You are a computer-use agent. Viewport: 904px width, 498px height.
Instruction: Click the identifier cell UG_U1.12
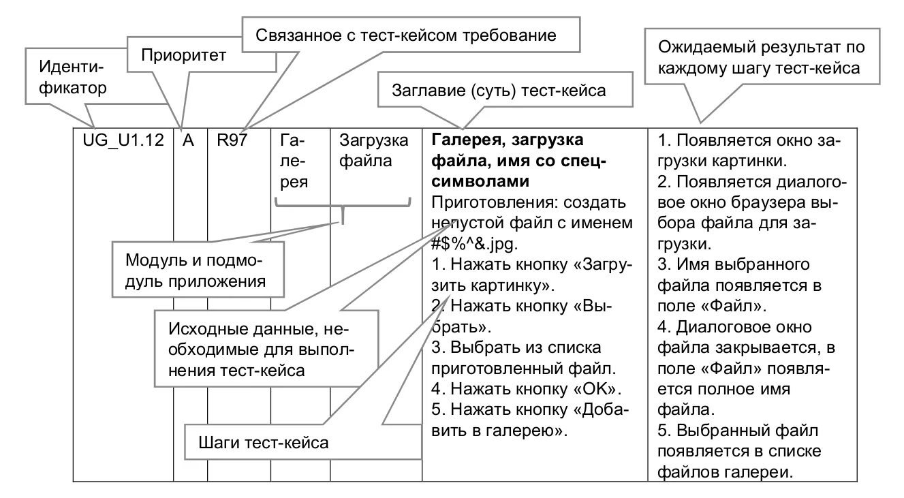(x=123, y=141)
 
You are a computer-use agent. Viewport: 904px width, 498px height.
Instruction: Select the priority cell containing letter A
(x=189, y=141)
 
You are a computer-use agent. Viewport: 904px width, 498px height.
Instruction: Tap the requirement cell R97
(x=233, y=141)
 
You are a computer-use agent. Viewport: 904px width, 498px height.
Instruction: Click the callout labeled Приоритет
(x=183, y=55)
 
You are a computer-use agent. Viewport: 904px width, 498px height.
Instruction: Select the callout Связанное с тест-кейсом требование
(x=406, y=35)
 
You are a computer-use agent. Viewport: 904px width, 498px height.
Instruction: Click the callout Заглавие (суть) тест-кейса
(x=499, y=91)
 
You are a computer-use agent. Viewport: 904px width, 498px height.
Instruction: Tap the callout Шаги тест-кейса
(x=264, y=443)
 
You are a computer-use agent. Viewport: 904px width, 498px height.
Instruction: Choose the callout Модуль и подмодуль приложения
(x=195, y=270)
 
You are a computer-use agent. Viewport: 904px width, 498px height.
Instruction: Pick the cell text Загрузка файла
(x=374, y=151)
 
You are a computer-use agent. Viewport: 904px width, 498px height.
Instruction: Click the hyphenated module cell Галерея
(x=294, y=161)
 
